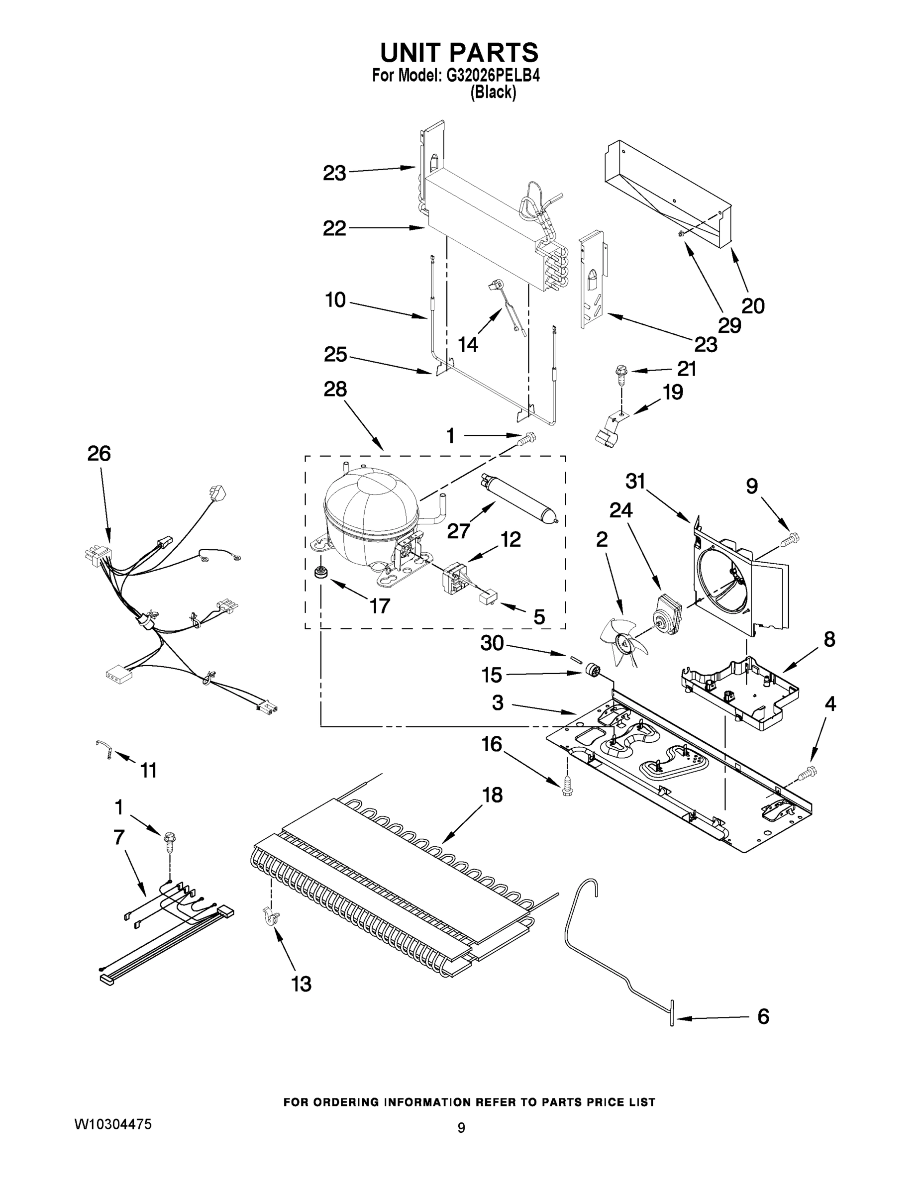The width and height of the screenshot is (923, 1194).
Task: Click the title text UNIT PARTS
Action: (459, 53)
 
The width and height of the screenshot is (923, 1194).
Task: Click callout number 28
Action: (335, 389)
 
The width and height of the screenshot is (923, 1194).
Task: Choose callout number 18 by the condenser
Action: (492, 795)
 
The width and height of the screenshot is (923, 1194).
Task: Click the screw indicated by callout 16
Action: (568, 786)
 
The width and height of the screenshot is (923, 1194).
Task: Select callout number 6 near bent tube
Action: (763, 1016)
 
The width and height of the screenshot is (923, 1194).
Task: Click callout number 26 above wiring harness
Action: (99, 453)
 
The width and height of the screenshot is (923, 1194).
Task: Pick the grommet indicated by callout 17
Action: (317, 574)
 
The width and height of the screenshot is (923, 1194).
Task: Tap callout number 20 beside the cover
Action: (752, 305)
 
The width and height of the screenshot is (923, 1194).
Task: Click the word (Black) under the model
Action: (493, 93)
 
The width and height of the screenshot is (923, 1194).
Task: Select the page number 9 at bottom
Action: (461, 1127)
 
